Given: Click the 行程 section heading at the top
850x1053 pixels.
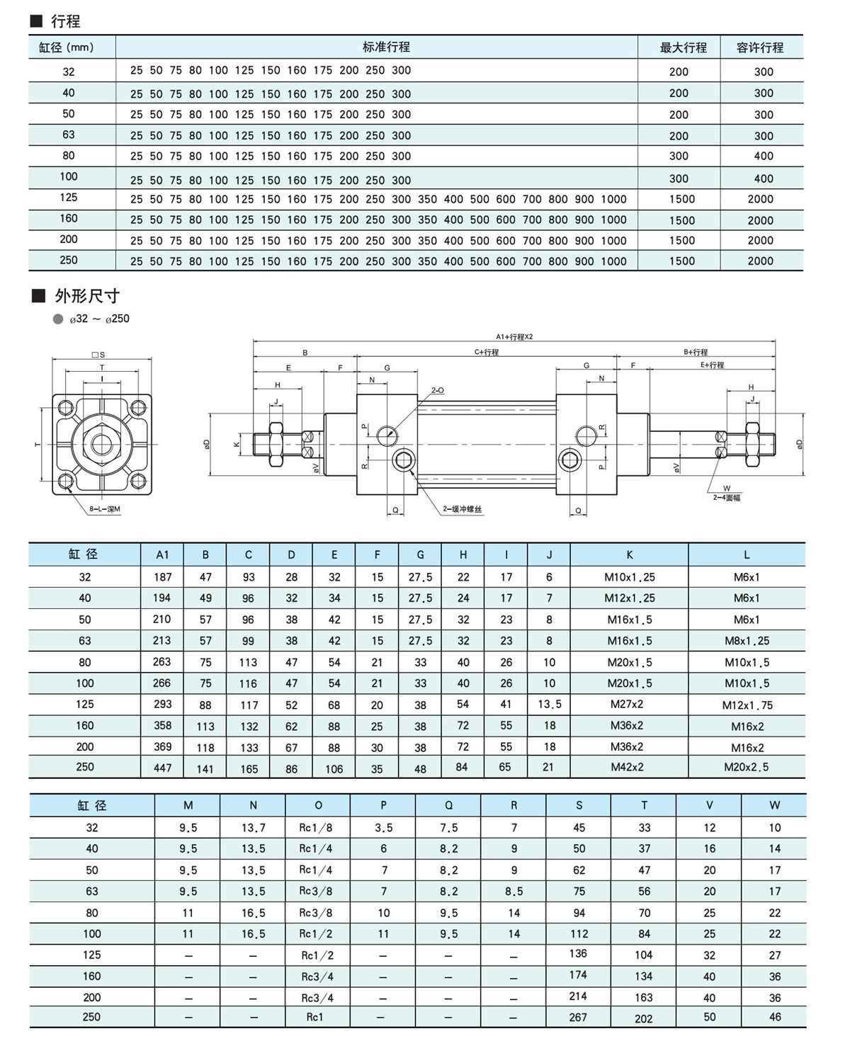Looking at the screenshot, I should pyautogui.click(x=64, y=21).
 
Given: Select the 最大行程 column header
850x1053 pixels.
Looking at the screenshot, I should pyautogui.click(x=683, y=47).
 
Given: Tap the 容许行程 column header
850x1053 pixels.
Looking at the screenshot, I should pyautogui.click(x=760, y=47).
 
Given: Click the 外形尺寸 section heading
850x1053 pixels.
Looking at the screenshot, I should pyautogui.click(x=86, y=295).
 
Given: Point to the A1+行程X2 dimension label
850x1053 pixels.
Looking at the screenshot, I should pyautogui.click(x=514, y=337).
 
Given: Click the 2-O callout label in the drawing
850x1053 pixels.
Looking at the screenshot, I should pyautogui.click(x=438, y=390).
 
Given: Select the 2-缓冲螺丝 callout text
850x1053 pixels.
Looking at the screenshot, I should pyautogui.click(x=463, y=508).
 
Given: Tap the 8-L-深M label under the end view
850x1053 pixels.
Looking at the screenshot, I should pyautogui.click(x=105, y=508).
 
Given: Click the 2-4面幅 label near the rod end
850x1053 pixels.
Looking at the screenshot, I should pyautogui.click(x=727, y=498).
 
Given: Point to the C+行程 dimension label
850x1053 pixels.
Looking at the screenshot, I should pyautogui.click(x=487, y=352).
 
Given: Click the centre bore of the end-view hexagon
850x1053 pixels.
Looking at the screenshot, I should pyautogui.click(x=101, y=445).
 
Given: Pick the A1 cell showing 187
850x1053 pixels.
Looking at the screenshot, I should pyautogui.click(x=162, y=577).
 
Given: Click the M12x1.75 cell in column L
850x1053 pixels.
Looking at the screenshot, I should pyautogui.click(x=747, y=705).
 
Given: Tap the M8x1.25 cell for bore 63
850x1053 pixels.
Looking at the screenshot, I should pyautogui.click(x=747, y=641).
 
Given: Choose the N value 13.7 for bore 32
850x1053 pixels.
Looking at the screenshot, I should pyautogui.click(x=253, y=828).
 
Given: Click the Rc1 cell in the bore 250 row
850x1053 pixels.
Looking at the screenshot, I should pyautogui.click(x=315, y=1017).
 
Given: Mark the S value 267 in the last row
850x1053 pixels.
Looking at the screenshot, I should pyautogui.click(x=578, y=1017).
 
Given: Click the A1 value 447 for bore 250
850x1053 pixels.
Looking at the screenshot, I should pyautogui.click(x=162, y=768).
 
